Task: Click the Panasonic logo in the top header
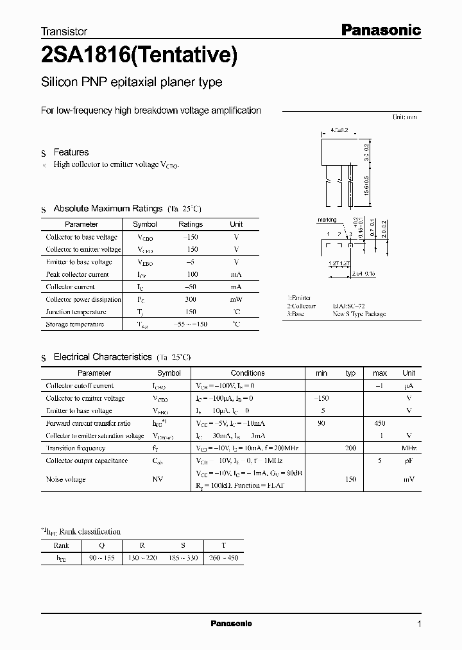click(380, 30)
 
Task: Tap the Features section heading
click(71, 152)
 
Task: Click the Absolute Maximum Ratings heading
click(108, 209)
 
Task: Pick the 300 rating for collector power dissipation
click(191, 299)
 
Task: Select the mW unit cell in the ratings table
click(236, 299)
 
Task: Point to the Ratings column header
click(191, 224)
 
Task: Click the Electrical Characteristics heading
click(102, 356)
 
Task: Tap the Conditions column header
click(248, 373)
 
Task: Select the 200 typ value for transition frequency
click(350, 448)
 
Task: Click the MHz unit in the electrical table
click(409, 448)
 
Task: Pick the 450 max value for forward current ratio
click(380, 423)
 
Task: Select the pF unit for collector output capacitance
click(409, 461)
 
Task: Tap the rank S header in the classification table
click(183, 546)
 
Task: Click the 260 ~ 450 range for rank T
click(223, 558)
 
